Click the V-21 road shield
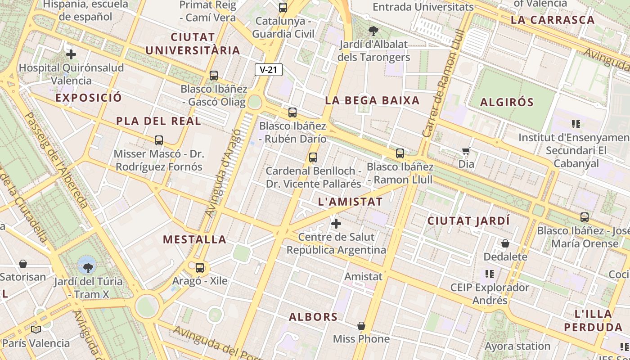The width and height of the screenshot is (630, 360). coord(269,70)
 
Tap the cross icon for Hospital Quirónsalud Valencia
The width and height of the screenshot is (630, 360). coord(71,55)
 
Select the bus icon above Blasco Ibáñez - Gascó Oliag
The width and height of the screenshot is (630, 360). coord(214,76)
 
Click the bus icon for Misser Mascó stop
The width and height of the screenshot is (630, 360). coord(159,140)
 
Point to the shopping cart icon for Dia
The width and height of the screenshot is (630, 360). coord(466,151)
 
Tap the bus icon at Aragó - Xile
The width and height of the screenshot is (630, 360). coord(200,268)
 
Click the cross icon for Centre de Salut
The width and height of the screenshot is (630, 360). coord(336,223)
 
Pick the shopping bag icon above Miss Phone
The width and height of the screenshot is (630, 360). coord(361,326)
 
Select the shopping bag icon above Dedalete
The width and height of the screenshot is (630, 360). coord(505,243)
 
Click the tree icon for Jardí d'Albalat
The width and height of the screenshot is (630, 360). coord(373,31)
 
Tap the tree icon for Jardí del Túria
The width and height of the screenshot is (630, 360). coord(88,268)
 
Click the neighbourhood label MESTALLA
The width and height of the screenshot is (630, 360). coord(194,239)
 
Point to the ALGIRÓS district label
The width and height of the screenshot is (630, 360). coord(507,102)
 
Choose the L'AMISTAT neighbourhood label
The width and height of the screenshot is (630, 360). coord(350,202)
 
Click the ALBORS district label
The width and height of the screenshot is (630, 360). coord(313,317)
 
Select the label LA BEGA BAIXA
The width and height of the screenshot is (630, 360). coord(372,100)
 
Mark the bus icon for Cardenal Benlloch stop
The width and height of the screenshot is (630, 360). coord(313,157)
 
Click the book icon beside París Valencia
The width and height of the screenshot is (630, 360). coord(36,330)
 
